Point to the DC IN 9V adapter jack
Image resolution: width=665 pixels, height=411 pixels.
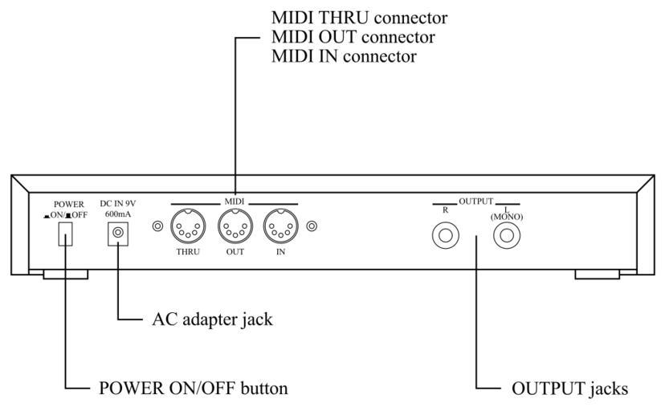tap(119, 233)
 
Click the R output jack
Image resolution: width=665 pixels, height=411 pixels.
tap(444, 236)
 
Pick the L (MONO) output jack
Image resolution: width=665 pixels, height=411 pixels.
tap(507, 236)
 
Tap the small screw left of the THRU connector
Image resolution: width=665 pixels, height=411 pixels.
tap(158, 227)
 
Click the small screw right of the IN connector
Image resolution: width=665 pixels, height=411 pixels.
tap(311, 227)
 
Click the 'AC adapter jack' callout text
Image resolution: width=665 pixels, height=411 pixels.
tap(212, 319)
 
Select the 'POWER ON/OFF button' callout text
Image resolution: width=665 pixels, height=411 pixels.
tap(193, 389)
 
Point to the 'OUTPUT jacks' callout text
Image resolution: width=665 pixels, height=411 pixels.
tap(569, 389)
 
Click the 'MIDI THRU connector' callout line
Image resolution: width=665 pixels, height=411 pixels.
tap(348, 17)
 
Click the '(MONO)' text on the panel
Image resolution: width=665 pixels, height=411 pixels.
tap(507, 214)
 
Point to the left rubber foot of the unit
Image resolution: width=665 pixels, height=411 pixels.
tap(65, 275)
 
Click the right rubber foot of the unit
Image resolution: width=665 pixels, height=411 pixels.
tap(598, 275)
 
